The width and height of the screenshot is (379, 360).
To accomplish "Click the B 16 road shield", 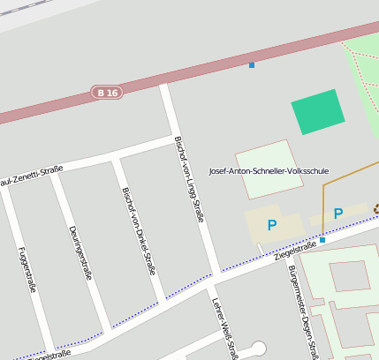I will (107, 92).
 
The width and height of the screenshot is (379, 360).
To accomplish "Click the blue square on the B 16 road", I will (252, 64).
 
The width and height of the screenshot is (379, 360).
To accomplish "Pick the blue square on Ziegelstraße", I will (322, 240).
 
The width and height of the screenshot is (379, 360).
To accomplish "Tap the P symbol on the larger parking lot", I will (272, 226).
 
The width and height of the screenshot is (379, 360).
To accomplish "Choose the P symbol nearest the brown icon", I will (338, 214).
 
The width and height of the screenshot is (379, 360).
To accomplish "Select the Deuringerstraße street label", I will (80, 251).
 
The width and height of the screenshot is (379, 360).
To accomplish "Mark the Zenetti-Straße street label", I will (31, 176).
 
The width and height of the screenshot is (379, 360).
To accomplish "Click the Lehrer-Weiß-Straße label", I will (224, 326).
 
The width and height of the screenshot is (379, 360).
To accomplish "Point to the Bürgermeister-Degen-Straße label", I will (302, 313).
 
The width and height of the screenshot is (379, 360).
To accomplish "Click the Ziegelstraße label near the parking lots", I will (295, 252).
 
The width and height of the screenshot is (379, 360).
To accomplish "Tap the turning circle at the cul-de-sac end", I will (259, 349).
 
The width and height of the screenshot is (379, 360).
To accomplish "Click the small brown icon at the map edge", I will (375, 209).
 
